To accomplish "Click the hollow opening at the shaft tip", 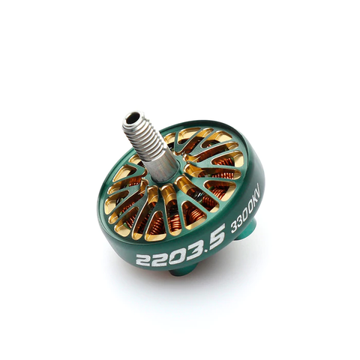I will (x=134, y=118).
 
